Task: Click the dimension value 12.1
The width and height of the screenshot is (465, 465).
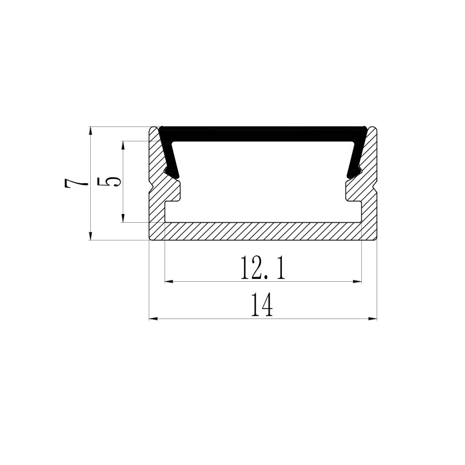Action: click(x=263, y=268)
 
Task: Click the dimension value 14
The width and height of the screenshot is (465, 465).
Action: click(x=262, y=305)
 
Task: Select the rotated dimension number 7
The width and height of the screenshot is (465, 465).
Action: click(x=76, y=184)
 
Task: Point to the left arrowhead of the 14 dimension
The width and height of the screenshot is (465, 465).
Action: click(x=153, y=319)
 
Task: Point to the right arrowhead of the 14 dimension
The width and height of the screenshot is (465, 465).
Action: click(x=372, y=319)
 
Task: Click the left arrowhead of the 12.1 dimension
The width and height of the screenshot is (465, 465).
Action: click(x=169, y=281)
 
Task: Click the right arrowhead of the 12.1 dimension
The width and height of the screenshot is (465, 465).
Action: click(x=357, y=281)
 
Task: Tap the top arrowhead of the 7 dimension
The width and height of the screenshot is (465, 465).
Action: click(x=91, y=131)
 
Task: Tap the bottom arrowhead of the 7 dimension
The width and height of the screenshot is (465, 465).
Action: click(x=91, y=235)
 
